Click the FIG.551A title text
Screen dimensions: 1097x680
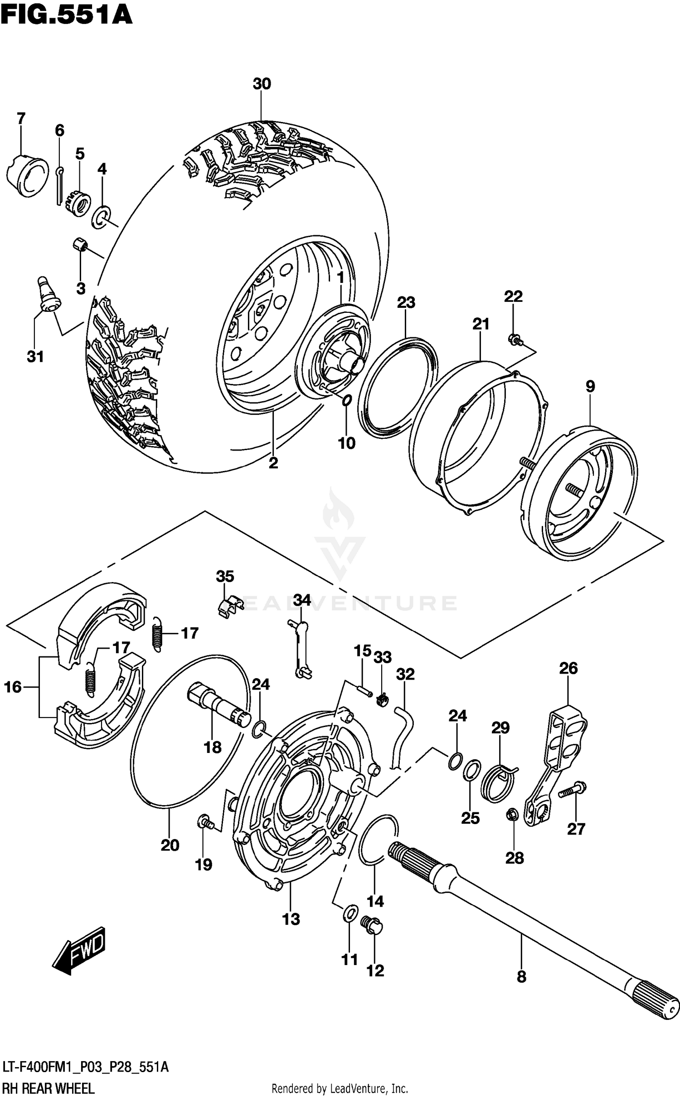tap(66, 15)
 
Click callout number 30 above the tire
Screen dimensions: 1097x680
tap(262, 84)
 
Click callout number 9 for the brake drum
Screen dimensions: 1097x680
tap(590, 386)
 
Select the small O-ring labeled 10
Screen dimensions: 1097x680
tap(346, 400)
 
